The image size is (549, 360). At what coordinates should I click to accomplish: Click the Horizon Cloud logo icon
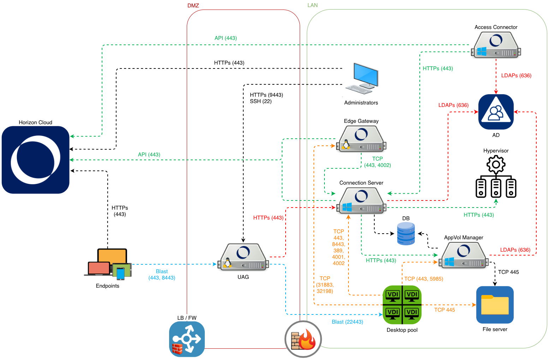[x=36, y=160]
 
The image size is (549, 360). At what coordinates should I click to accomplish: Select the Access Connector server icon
[x=496, y=45]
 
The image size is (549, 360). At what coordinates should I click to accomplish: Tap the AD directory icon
[x=496, y=112]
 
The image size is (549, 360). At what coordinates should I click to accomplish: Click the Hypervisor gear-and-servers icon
[x=496, y=177]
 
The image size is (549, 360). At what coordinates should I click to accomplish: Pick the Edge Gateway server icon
[x=361, y=139]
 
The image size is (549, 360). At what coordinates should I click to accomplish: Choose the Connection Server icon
[x=361, y=200]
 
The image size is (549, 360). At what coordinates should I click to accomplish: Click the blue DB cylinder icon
[x=406, y=234]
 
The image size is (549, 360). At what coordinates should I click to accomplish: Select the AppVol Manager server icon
[x=463, y=256]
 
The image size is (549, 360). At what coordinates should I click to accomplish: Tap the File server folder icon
[x=495, y=305]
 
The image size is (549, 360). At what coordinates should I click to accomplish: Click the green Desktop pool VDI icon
[x=402, y=305]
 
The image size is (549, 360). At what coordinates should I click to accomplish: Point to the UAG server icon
[x=243, y=257]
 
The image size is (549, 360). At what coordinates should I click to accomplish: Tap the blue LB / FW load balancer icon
[x=187, y=339]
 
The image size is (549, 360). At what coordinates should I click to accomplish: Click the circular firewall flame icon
[x=303, y=339]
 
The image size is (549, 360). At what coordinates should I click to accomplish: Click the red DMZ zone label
[x=193, y=6]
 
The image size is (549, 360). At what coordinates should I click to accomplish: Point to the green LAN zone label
[x=312, y=5]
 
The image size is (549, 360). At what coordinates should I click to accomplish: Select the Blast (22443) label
[x=347, y=322]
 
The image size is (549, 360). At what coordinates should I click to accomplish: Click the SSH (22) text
[x=261, y=101]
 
